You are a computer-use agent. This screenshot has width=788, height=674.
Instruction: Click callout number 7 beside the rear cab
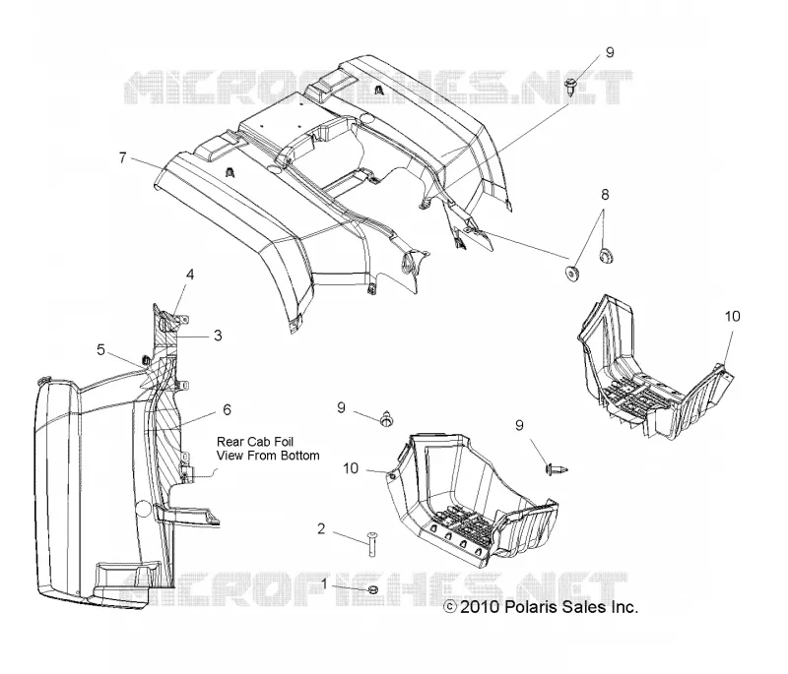pyautogui.click(x=122, y=157)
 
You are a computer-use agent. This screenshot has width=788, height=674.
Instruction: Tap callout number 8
pyautogui.click(x=605, y=194)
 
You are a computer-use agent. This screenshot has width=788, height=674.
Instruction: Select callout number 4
pyautogui.click(x=190, y=275)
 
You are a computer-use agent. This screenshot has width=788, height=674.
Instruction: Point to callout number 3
pyautogui.click(x=218, y=336)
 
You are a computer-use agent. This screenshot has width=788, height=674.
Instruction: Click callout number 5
pyautogui.click(x=101, y=350)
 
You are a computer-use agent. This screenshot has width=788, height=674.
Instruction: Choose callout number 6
pyautogui.click(x=227, y=410)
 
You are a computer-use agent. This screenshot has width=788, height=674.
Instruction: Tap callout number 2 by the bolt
pyautogui.click(x=321, y=528)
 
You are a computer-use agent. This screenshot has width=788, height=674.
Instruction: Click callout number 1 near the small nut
pyautogui.click(x=325, y=583)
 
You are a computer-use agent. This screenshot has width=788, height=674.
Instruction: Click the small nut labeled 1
pyautogui.click(x=373, y=589)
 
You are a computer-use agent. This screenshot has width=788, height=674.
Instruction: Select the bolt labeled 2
pyautogui.click(x=371, y=543)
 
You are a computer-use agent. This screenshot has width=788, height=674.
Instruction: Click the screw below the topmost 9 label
pyautogui.click(x=571, y=88)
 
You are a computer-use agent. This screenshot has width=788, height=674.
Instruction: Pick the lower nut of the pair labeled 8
pyautogui.click(x=572, y=274)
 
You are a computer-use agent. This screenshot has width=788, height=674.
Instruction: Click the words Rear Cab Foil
pyautogui.click(x=255, y=442)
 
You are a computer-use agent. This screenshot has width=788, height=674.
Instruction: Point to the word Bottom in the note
pyautogui.click(x=300, y=456)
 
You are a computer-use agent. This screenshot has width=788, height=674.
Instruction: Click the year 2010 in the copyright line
pyautogui.click(x=480, y=607)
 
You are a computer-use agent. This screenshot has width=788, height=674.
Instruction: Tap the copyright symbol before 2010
pyautogui.click(x=450, y=607)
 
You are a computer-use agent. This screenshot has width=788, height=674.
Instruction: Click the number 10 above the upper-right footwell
pyautogui.click(x=732, y=316)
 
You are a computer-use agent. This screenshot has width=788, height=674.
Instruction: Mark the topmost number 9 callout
pyautogui.click(x=610, y=52)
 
